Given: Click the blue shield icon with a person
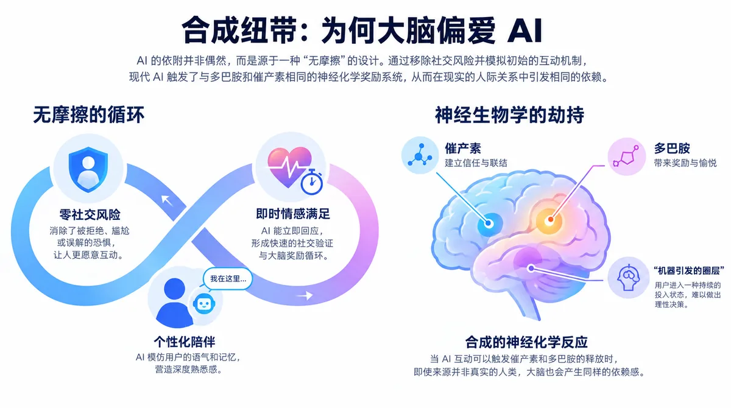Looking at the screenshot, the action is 88,169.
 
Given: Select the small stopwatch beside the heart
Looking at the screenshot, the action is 312,182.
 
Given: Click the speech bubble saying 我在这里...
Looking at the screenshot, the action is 228,279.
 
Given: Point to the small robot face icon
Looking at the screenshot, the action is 204,303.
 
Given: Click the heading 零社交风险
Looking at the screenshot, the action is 90,214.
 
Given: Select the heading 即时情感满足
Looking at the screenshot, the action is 293,214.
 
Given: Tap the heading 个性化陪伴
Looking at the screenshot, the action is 185,342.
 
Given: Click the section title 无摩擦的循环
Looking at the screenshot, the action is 88,115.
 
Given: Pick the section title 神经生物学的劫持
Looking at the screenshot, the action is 509,115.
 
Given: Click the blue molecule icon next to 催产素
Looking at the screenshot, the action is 420,155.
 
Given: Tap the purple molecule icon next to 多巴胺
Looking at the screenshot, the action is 626,157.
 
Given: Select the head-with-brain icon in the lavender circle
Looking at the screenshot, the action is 628,278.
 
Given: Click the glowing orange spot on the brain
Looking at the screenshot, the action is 549,220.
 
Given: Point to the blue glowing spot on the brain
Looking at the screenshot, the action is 489,223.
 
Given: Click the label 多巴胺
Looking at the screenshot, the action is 672,149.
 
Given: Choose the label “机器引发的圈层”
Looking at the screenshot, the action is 688,271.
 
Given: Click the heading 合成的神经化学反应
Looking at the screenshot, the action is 526,342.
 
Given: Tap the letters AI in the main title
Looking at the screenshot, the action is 524,30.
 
